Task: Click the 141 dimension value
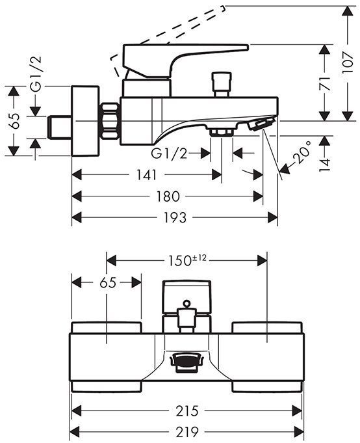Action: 146,175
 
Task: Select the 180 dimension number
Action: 168,196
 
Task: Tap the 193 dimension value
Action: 175,217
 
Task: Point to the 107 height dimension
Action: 347,62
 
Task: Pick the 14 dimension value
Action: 325,165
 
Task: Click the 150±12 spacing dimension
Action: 187,260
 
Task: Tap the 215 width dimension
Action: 187,410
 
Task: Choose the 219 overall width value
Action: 187,431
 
